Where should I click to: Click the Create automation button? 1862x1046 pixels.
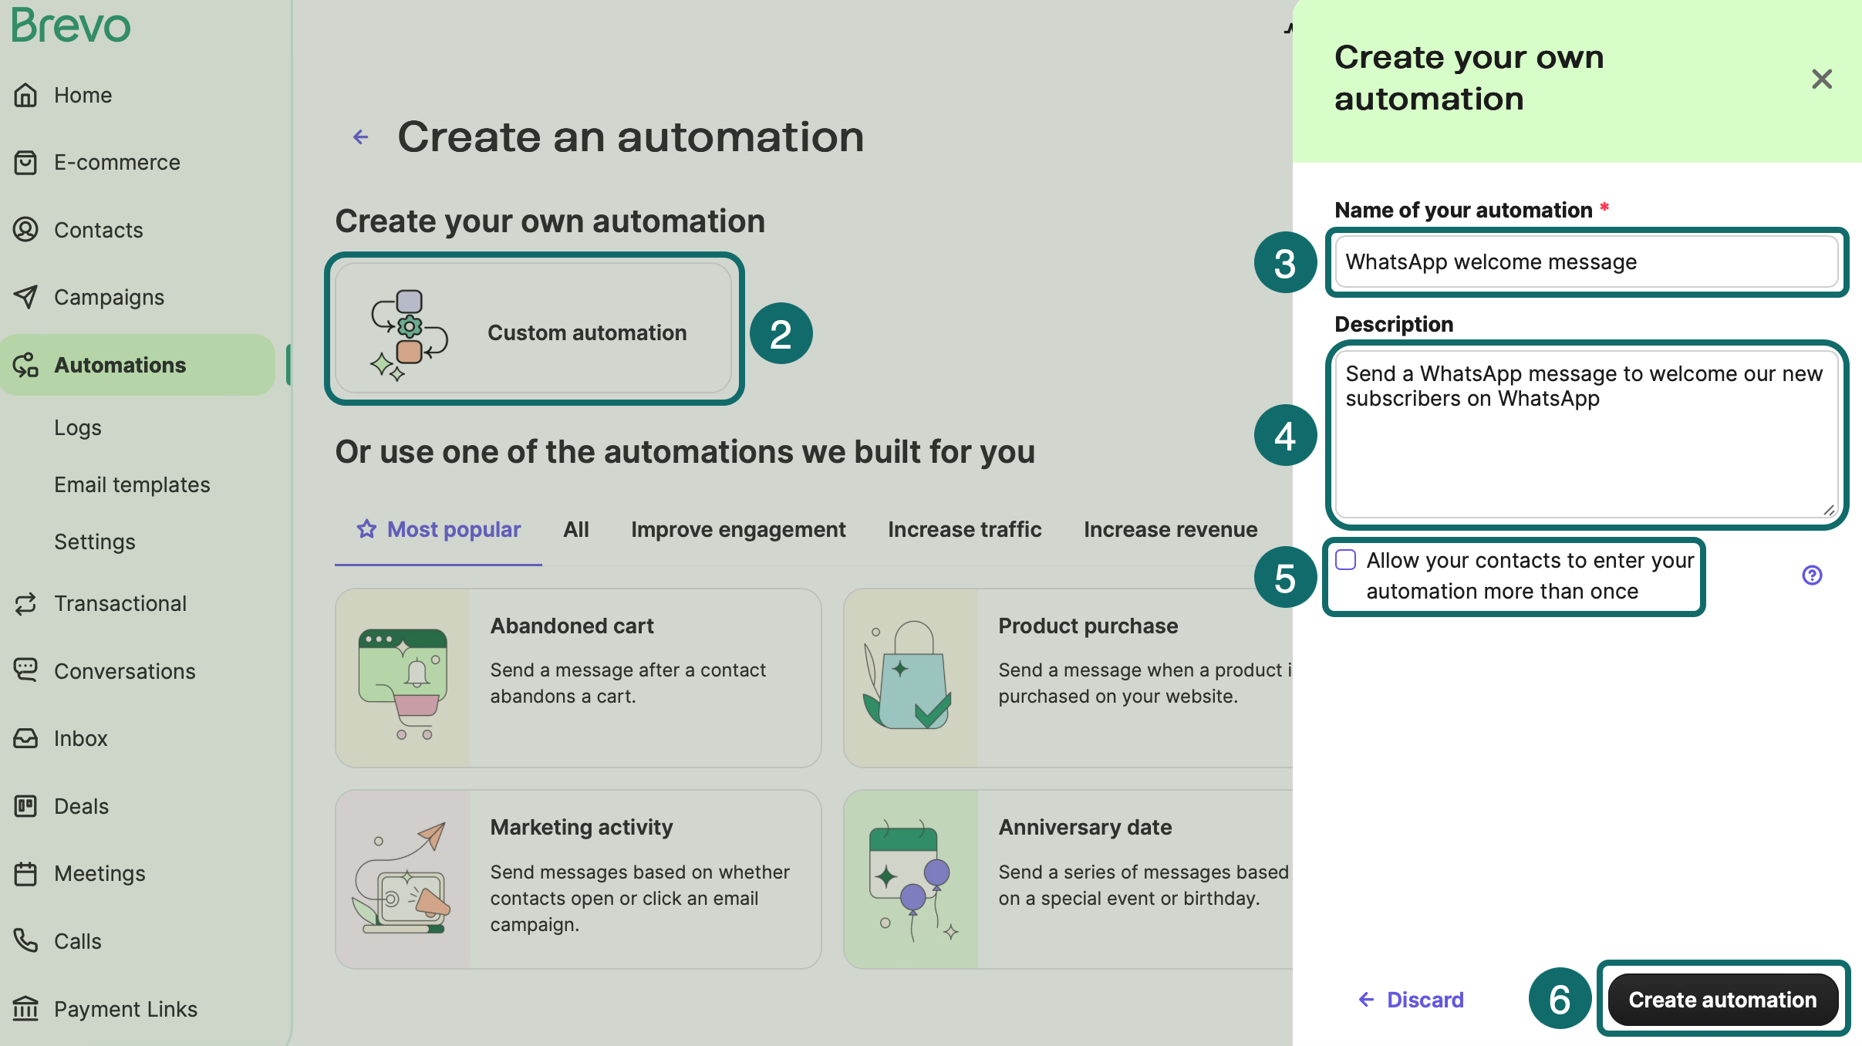[1722, 1000]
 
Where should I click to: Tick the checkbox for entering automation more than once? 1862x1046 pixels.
[1346, 560]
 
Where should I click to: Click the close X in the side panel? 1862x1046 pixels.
[1821, 79]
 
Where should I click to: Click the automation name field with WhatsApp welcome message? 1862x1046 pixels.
[1586, 262]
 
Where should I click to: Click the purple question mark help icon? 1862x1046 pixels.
[1812, 575]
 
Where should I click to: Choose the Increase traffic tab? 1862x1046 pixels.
[964, 529]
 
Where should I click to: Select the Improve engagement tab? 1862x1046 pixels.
[738, 529]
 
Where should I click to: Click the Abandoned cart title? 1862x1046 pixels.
[572, 626]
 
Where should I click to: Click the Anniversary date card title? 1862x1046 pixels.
[1084, 827]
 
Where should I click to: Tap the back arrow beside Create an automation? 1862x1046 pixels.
[360, 137]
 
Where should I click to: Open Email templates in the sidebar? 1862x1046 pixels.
[132, 484]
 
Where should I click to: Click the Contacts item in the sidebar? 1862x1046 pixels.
[98, 230]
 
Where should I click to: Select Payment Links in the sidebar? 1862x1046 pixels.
[125, 1009]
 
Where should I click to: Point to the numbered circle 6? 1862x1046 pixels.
[1559, 999]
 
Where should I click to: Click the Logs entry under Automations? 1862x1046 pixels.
[77, 427]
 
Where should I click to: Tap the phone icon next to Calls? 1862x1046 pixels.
[25, 940]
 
